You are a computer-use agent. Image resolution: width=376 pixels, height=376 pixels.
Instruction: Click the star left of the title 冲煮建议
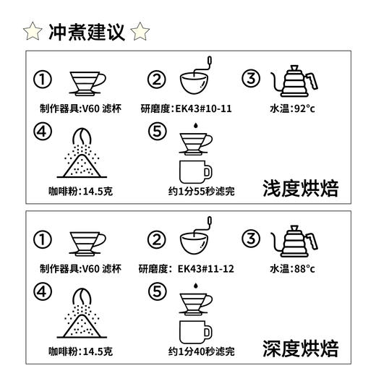(32, 32)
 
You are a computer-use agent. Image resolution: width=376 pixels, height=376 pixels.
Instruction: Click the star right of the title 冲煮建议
(142, 32)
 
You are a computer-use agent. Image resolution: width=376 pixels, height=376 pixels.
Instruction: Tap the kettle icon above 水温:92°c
(294, 83)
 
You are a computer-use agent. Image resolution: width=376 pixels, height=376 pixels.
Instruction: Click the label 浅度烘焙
(300, 189)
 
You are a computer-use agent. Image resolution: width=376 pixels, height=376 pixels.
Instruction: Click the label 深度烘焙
(300, 349)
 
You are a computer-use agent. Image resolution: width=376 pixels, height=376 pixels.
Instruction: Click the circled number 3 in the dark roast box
(250, 239)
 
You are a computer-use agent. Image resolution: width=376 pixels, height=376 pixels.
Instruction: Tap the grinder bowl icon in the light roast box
(195, 85)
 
